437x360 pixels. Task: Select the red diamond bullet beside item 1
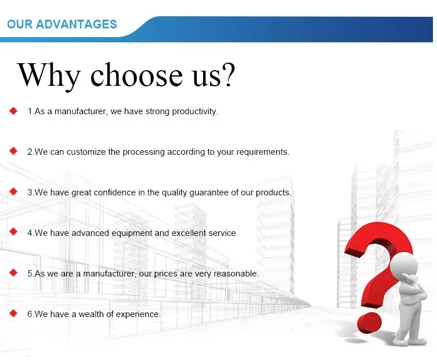[x=13, y=111]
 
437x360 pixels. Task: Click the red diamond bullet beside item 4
[x=13, y=232]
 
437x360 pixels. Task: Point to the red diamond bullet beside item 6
[x=13, y=313]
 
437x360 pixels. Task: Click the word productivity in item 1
[x=194, y=112]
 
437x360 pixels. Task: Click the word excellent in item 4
[x=189, y=233]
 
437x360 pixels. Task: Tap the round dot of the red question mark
[x=369, y=323]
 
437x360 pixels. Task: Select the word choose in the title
[x=136, y=75]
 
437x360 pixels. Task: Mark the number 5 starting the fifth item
[x=30, y=274]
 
